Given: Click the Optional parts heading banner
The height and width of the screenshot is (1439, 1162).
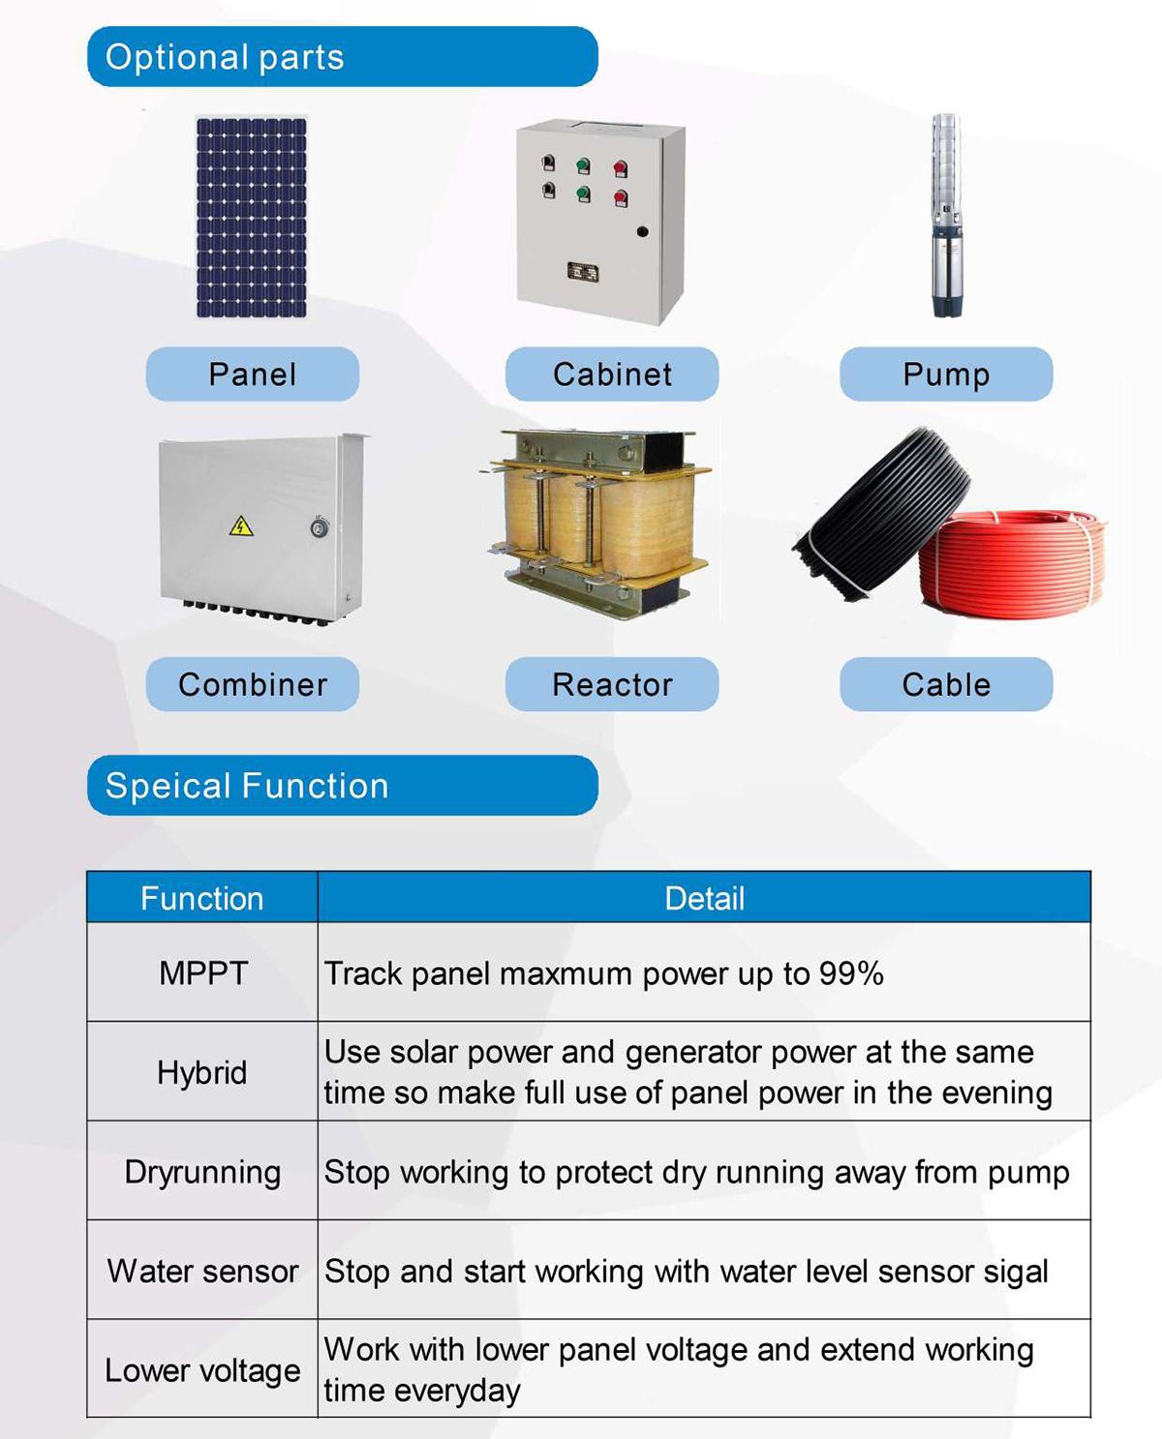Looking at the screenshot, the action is [x=342, y=57].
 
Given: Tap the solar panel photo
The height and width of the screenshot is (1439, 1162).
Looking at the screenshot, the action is [x=251, y=217].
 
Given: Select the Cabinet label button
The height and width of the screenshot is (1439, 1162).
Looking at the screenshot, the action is [x=612, y=374].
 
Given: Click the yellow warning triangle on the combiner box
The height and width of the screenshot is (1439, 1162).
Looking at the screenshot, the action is [x=241, y=526].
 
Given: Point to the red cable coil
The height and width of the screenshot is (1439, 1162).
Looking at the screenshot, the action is [x=1011, y=566].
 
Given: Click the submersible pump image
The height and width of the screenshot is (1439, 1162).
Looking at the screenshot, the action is [x=948, y=215].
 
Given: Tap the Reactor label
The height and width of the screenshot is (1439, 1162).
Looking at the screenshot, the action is [x=612, y=684].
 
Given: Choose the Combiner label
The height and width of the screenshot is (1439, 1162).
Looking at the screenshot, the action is [x=253, y=684].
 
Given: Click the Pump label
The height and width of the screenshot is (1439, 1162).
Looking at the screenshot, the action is [x=946, y=374].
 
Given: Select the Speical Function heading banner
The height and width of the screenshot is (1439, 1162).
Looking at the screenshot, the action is [x=342, y=785].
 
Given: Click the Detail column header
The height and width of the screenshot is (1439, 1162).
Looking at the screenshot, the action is [x=704, y=898].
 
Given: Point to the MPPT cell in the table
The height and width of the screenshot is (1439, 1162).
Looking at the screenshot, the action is [x=202, y=973].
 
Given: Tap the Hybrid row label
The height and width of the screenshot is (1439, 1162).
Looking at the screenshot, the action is [x=202, y=1072].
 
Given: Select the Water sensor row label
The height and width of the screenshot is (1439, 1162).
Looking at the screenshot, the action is [x=202, y=1272].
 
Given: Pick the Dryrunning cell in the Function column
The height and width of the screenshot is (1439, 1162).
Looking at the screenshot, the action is [x=202, y=1173].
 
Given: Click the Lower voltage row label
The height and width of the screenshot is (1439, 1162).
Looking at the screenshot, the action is [x=202, y=1370].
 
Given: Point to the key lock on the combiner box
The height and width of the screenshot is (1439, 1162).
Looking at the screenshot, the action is [x=320, y=526].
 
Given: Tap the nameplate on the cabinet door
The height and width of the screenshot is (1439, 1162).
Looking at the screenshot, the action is [x=582, y=272].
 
